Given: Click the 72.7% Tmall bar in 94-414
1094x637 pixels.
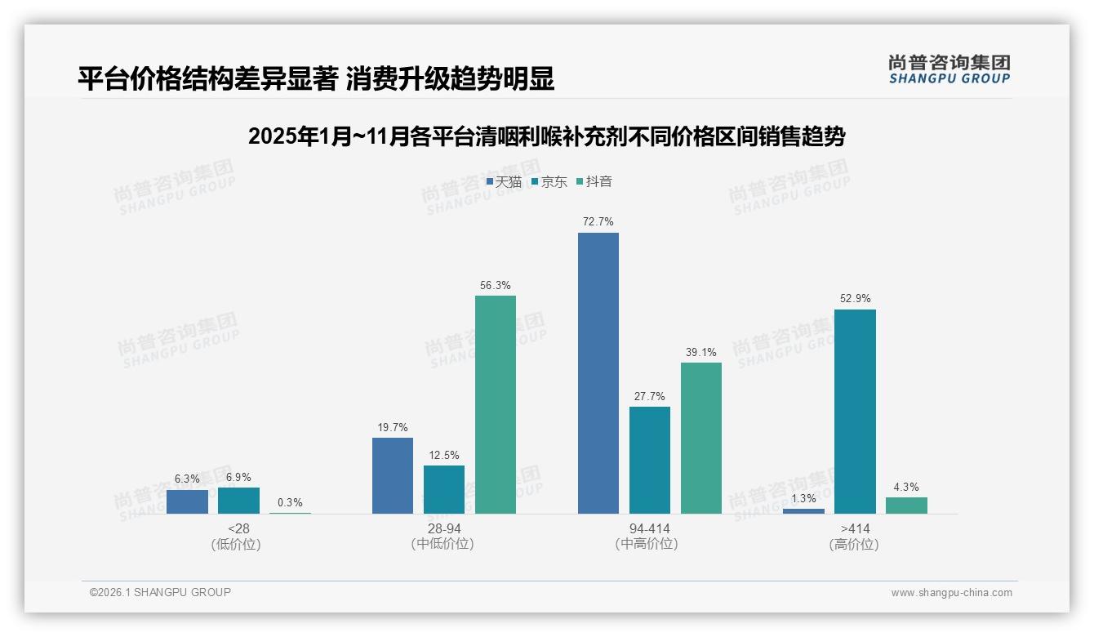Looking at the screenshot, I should click(598, 373).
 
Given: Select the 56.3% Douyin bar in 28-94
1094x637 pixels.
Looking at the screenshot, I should click(496, 404).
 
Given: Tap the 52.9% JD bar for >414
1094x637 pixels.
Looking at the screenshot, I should click(855, 412).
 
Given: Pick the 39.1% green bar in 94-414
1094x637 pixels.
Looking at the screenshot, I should click(701, 438).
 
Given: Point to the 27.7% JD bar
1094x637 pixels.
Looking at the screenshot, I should click(650, 460).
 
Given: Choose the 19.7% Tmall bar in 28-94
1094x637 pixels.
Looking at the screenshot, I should click(393, 475).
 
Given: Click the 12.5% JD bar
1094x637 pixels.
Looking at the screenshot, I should click(444, 489).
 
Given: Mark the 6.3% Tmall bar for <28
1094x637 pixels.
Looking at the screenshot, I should click(187, 501).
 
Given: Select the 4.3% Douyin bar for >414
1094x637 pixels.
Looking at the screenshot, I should click(906, 506).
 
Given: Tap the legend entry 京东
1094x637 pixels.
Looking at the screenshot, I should click(549, 181).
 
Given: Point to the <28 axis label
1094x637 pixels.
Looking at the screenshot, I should click(239, 528).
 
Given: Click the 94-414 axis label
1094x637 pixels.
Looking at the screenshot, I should click(650, 528).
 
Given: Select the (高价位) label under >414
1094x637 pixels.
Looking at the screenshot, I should click(855, 544).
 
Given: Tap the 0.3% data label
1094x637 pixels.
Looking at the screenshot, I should click(290, 502).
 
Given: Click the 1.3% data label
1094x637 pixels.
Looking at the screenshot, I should click(803, 498).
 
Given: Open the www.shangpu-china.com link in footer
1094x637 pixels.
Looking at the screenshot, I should click(951, 593).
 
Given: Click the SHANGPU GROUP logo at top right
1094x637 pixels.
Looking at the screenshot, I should click(949, 69).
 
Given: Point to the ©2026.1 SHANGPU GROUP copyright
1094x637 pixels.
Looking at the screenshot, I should click(160, 592).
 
